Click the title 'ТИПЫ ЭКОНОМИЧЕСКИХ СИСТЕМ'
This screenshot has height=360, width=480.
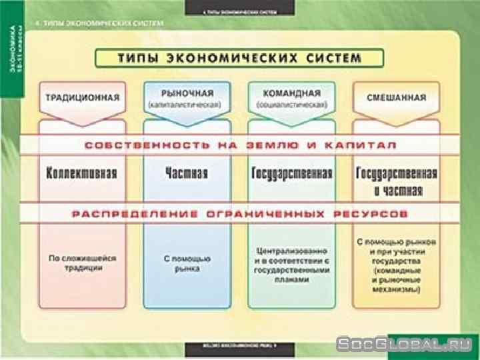point(239,59)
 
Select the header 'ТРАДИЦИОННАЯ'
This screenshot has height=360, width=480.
point(82,97)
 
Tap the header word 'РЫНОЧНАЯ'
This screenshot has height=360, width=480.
point(187,93)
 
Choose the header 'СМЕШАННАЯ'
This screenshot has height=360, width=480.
point(397,97)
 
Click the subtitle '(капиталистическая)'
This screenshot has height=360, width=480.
point(187,105)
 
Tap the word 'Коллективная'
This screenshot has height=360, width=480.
point(82,174)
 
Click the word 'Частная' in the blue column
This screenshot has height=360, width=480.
point(187,174)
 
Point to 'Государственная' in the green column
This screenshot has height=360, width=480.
point(292,174)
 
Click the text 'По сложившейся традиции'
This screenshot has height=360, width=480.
point(82,262)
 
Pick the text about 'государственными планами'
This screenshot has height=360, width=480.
point(292,266)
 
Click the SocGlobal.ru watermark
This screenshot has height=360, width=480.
point(407,344)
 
